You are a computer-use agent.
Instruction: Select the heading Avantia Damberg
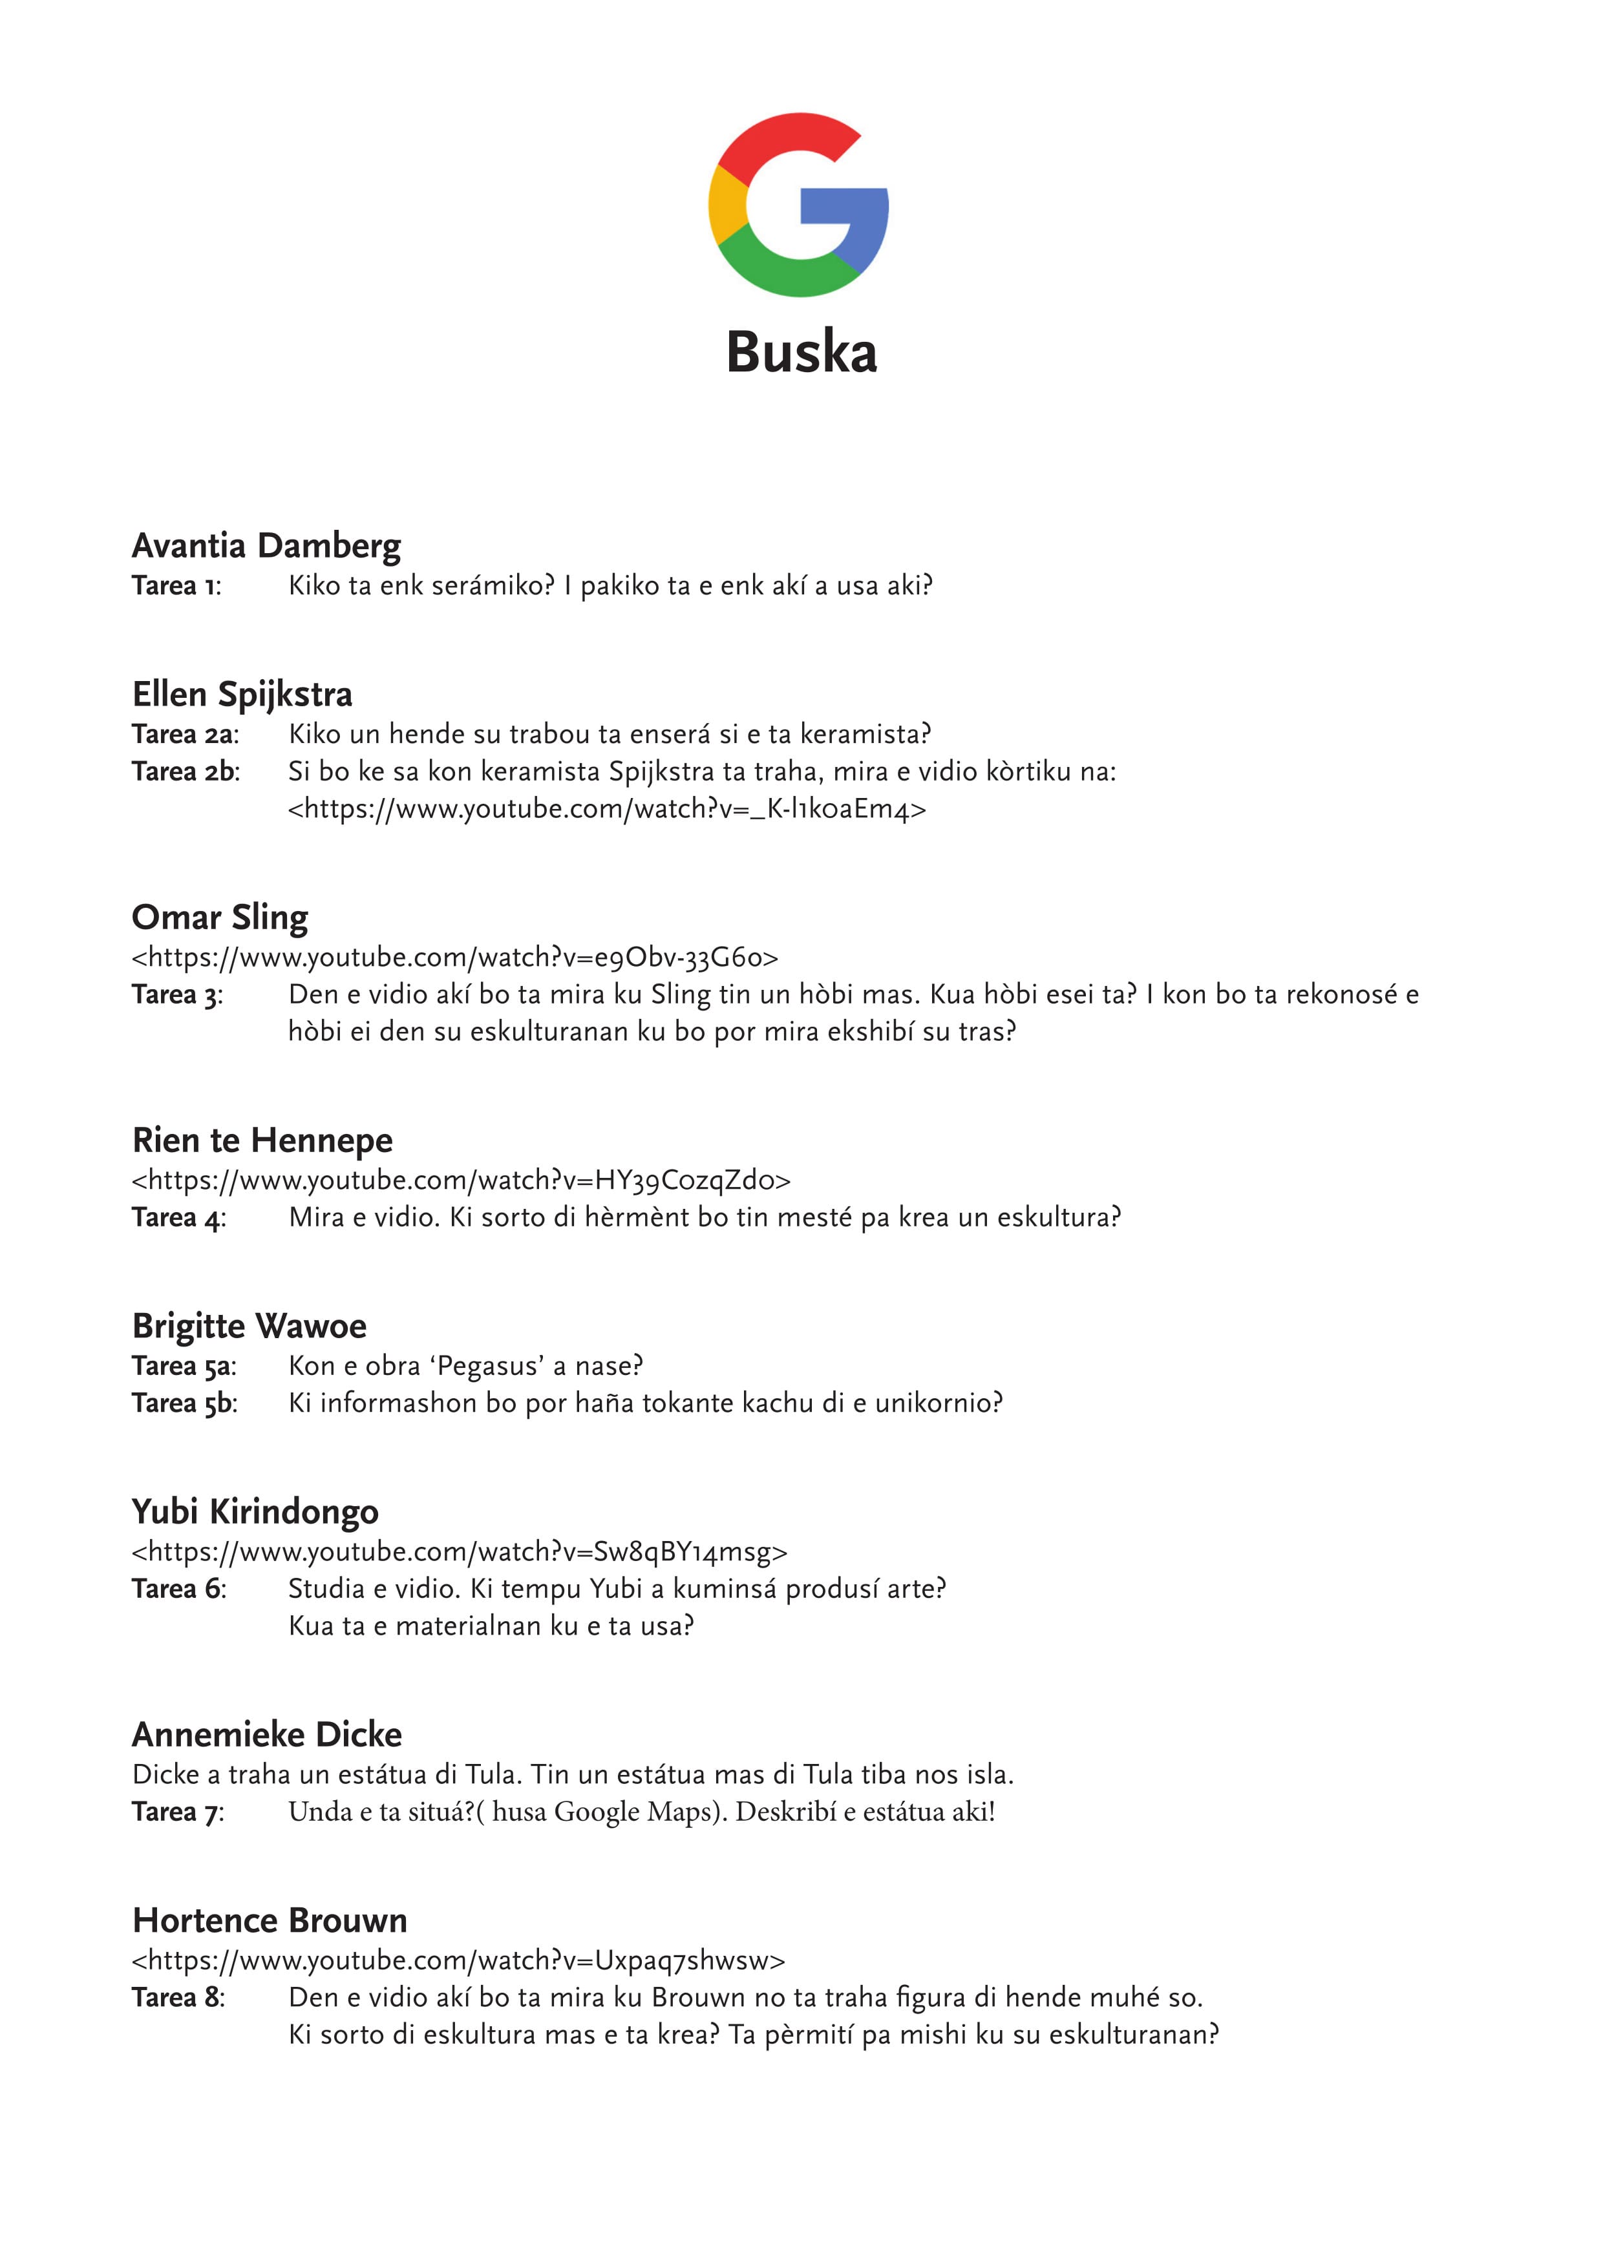pyautogui.click(x=266, y=546)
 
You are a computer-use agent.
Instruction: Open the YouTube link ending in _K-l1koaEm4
pyautogui.click(x=607, y=809)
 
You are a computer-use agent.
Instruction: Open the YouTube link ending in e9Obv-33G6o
pyautogui.click(x=455, y=958)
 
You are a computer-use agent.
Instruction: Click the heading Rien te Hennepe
pyautogui.click(x=262, y=1141)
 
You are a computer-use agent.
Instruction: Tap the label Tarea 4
pyautogui.click(x=178, y=1218)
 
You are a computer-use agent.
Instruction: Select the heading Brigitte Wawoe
pyautogui.click(x=249, y=1327)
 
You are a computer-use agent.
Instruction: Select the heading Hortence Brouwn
pyautogui.click(x=270, y=1920)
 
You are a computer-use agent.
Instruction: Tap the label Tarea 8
pyautogui.click(x=178, y=1998)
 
